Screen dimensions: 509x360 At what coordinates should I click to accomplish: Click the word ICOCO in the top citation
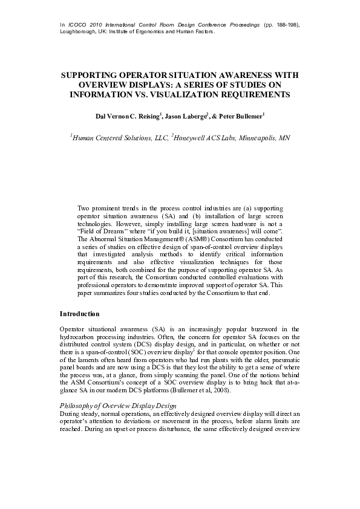pyautogui.click(x=77, y=24)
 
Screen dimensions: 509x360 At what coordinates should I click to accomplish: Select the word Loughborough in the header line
pyautogui.click(x=78, y=31)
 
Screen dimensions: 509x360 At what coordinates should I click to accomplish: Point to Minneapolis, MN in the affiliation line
pyautogui.click(x=264, y=138)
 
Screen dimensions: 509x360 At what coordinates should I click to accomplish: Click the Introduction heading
pyautogui.click(x=79, y=314)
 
